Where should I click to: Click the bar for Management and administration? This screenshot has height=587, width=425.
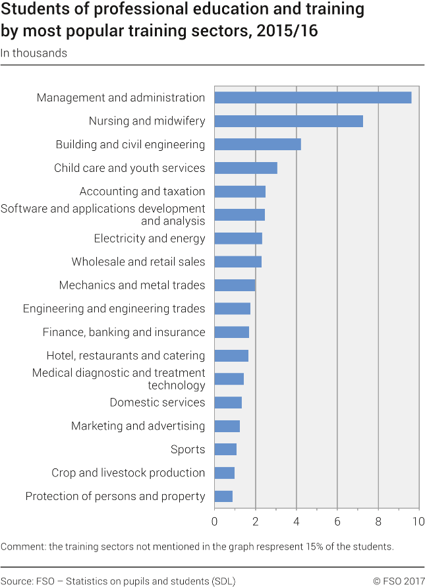(x=313, y=98)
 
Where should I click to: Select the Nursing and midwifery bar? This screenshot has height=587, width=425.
(x=289, y=121)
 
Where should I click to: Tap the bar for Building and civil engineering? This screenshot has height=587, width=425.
(x=258, y=144)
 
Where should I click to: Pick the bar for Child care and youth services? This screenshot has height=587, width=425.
(x=246, y=168)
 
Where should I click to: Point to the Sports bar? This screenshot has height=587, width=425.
(x=225, y=449)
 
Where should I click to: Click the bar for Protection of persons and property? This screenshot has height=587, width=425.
(x=223, y=496)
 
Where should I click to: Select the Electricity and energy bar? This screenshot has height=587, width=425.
(x=239, y=238)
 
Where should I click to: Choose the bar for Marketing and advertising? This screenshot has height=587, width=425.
(x=227, y=426)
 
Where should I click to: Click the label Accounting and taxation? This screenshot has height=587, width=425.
(x=142, y=192)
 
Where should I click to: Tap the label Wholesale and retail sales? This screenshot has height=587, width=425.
(x=138, y=262)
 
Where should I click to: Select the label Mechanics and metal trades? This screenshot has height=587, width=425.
(x=132, y=285)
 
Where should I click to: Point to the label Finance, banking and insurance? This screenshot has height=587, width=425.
(x=124, y=332)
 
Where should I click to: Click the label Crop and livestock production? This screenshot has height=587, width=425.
(x=128, y=473)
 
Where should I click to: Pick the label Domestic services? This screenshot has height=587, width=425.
(x=157, y=403)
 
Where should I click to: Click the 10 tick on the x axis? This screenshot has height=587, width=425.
(x=418, y=522)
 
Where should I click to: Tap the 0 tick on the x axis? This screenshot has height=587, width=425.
(x=215, y=522)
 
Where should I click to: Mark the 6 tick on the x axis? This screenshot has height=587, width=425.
(x=337, y=522)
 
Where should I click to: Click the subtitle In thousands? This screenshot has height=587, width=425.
(x=34, y=53)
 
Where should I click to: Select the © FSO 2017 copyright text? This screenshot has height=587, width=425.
(x=398, y=581)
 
